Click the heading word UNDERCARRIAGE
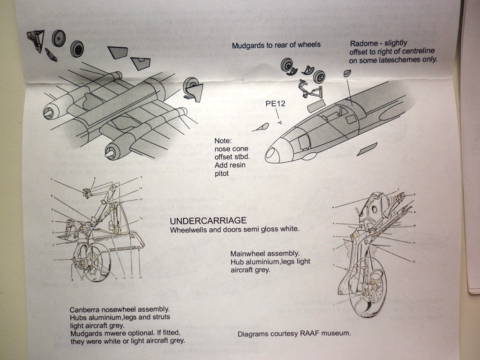point(208,221)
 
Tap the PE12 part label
point(276,104)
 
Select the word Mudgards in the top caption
point(249,45)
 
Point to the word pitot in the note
point(223,173)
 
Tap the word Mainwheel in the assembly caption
point(248,254)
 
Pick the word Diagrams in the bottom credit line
point(254,334)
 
